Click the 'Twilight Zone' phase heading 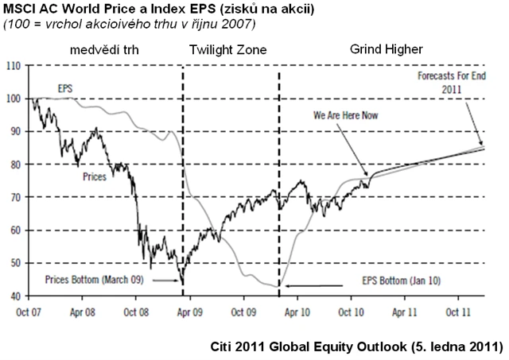click(227, 51)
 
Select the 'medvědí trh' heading click(103, 50)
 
